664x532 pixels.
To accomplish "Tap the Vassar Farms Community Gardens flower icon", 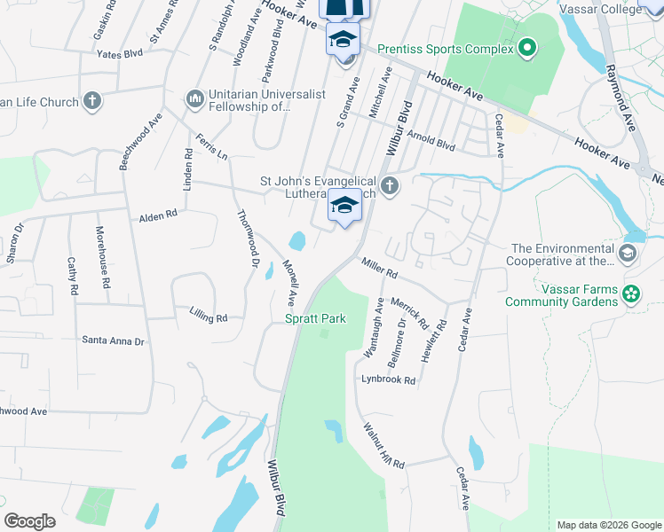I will (x=631, y=293).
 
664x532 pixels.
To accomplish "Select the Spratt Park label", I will (x=314, y=318).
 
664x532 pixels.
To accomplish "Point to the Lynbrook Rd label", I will (x=388, y=379).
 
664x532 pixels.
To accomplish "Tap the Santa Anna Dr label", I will (x=112, y=340).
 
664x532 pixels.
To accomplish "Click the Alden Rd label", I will (x=158, y=215).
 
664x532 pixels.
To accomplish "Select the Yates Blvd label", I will (x=120, y=53).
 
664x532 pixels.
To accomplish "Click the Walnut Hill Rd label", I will (x=383, y=446).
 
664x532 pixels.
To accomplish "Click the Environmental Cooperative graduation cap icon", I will (x=628, y=254).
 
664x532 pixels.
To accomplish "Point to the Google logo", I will (x=30, y=521).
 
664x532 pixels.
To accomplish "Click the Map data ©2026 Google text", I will (x=608, y=525).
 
